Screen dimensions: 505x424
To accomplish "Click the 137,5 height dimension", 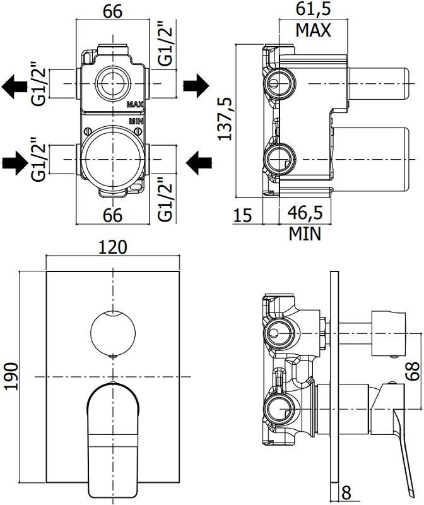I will pos(225,119).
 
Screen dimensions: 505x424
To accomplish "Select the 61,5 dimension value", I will pos(313,9).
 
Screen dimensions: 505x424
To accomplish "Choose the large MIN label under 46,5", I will pos(305,234).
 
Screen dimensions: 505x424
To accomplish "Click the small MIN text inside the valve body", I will pos(136,120).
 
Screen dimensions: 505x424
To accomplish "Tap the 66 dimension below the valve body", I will pos(112,215).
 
